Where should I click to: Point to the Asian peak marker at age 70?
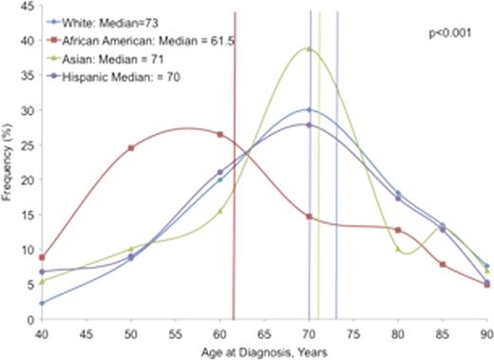(x=309, y=48)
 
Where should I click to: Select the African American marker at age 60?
(x=220, y=134)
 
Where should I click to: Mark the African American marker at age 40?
(x=41, y=257)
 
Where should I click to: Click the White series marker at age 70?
(x=309, y=109)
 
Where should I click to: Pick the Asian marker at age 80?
(x=398, y=249)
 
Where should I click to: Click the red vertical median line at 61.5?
(x=234, y=190)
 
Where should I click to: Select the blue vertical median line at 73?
(x=336, y=190)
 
